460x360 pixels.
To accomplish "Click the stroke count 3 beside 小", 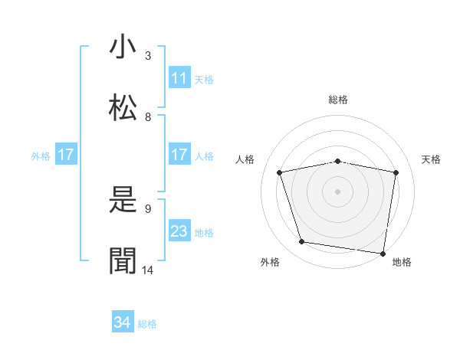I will coord(148,56).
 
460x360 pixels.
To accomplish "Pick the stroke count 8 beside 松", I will coord(148,117).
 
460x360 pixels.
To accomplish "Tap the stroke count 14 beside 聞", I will coord(148,270).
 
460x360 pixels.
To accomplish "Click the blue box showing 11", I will coord(179,78).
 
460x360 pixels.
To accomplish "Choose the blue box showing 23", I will coord(179,231).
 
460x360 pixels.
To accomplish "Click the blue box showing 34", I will coord(123,322).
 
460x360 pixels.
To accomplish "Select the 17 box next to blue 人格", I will coord(179,155).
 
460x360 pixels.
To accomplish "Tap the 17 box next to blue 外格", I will coord(66,155).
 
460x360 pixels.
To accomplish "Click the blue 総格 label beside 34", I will coord(147,324).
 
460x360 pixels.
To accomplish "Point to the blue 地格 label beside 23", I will coord(204,233).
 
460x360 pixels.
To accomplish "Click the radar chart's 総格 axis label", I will coord(338,100).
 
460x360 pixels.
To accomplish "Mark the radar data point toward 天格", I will coord(396,172).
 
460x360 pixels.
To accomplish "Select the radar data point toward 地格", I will coord(383,253).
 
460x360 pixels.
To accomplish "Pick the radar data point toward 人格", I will coord(280,172).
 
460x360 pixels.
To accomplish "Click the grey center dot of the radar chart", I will coord(338,191).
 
